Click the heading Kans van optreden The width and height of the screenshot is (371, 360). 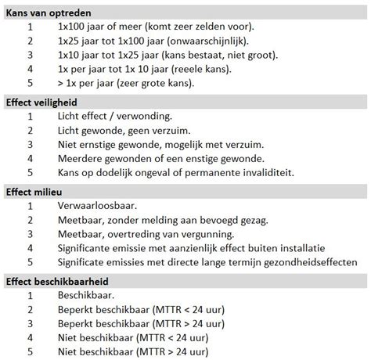(48, 13)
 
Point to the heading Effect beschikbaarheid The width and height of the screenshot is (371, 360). (56, 281)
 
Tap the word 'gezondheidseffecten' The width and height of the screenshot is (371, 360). (305, 262)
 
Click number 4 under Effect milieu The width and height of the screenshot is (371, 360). (30, 248)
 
